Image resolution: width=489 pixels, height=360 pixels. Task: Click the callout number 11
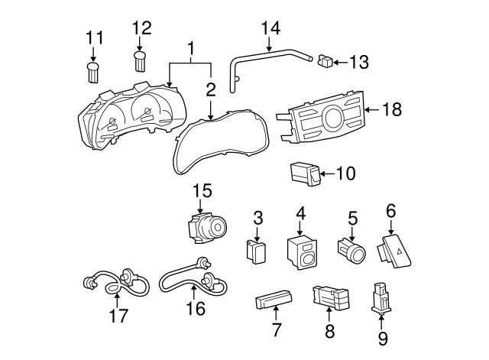coord(93,37)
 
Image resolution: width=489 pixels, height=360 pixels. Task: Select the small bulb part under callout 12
coord(140,62)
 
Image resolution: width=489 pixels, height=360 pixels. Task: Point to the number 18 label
coord(392,110)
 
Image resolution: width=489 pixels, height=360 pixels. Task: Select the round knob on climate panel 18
coord(334,118)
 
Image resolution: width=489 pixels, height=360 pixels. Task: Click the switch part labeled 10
coord(305,174)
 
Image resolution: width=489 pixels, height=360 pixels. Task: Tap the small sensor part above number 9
coord(379,297)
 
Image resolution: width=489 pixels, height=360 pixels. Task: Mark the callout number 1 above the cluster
coord(190,47)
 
